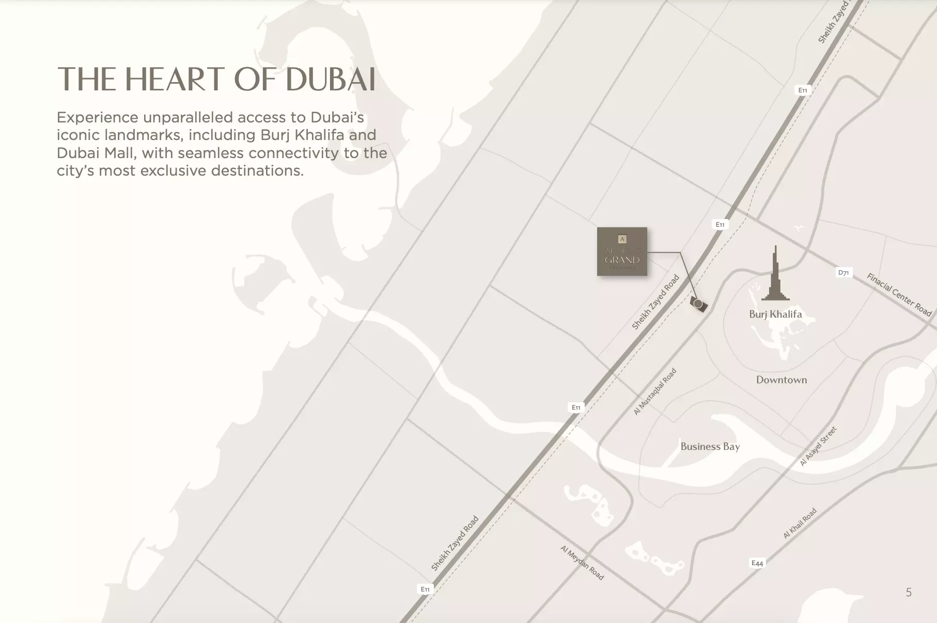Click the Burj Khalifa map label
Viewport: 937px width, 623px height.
coord(775,314)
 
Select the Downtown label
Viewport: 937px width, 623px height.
coord(781,380)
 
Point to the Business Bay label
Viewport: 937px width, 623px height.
coord(710,446)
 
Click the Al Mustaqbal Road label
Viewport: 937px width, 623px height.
coord(655,392)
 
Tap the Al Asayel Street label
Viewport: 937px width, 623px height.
coord(818,446)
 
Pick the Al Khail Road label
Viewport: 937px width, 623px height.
coord(800,523)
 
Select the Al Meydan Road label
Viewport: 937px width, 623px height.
coord(582,563)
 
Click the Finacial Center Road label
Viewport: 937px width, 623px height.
coord(899,294)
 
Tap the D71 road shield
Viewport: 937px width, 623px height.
coord(844,273)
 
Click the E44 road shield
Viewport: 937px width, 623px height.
coord(757,563)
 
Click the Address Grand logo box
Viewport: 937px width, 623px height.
coord(622,252)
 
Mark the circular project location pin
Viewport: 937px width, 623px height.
coord(698,304)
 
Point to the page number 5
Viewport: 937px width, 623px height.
coord(909,592)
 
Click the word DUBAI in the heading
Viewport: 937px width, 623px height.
coord(330,80)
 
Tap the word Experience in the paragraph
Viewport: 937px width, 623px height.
coord(97,118)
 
